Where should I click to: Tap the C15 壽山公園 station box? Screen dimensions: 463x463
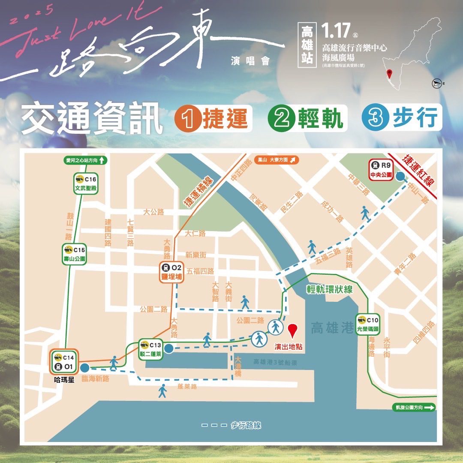[x=75, y=254]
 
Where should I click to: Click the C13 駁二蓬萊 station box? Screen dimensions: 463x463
[x=150, y=349]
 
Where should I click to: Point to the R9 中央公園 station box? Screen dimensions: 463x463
[x=381, y=170]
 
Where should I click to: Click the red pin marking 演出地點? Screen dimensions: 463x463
[x=293, y=332]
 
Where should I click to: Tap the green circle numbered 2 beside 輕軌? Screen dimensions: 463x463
[x=280, y=118]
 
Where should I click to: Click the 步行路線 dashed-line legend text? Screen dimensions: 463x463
[x=246, y=425]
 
